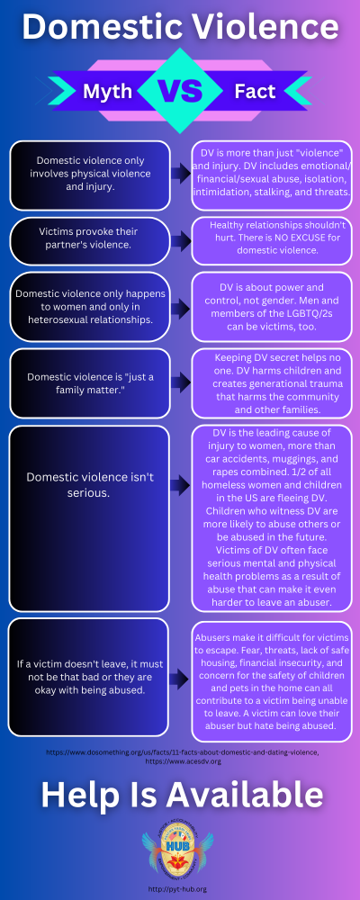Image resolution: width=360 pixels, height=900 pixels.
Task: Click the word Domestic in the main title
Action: [100, 27]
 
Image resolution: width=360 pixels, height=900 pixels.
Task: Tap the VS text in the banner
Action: [179, 91]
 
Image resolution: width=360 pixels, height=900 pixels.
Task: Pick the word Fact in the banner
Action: [255, 91]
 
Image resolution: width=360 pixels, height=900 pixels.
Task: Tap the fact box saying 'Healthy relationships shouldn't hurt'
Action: [271, 240]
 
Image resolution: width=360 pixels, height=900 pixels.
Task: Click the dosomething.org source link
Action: [180, 750]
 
